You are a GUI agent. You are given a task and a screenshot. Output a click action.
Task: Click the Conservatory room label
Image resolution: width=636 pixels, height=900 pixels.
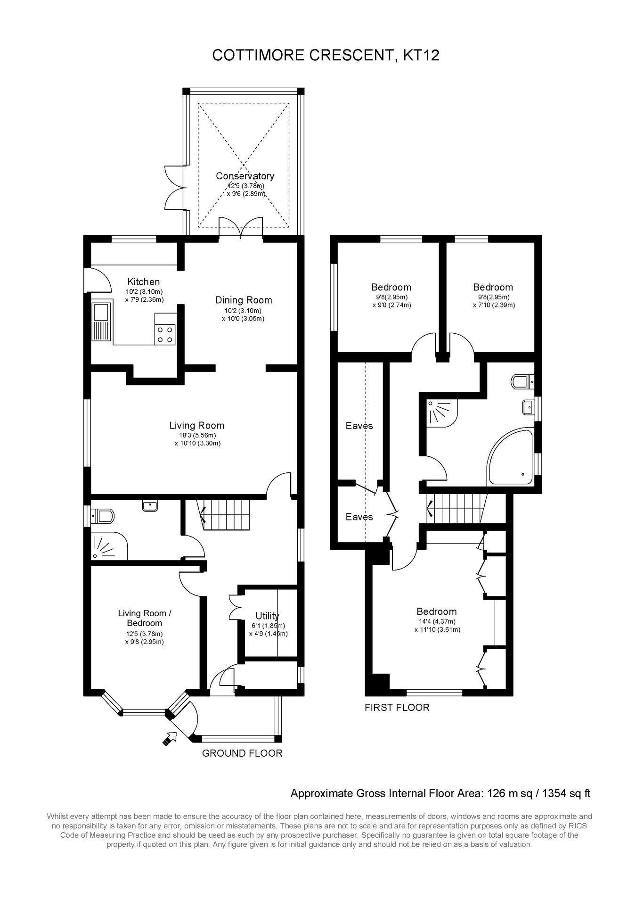click(245, 176)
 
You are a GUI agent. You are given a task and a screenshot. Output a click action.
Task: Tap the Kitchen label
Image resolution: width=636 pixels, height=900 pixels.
click(143, 282)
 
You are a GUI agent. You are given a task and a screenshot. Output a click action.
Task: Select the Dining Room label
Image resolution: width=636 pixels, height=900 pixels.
click(244, 300)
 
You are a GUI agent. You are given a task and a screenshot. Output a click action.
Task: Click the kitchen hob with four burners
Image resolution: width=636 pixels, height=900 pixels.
click(165, 334)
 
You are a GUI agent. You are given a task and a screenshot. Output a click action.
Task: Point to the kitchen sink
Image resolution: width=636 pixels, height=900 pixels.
click(101, 322)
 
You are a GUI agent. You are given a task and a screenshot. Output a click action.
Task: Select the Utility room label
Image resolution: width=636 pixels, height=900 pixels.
click(267, 616)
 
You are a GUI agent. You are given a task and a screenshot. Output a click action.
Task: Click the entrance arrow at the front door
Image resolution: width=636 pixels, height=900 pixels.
click(169, 739)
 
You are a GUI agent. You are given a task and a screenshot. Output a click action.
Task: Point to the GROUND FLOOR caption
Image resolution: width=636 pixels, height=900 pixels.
click(242, 753)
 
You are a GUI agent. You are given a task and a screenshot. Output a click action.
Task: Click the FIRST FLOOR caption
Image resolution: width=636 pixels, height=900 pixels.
click(397, 708)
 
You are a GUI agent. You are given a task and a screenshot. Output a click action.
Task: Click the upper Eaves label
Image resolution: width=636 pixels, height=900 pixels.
click(359, 426)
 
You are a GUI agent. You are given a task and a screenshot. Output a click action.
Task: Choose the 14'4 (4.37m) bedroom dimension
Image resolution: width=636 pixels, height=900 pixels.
click(436, 622)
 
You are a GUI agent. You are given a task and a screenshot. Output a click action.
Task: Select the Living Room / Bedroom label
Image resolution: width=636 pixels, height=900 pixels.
click(145, 618)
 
